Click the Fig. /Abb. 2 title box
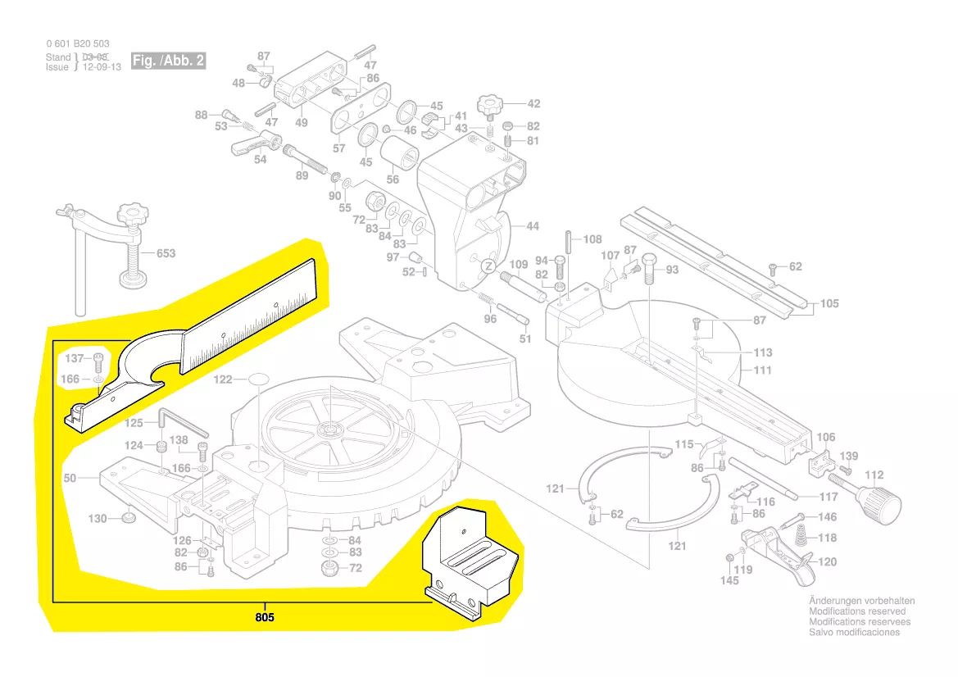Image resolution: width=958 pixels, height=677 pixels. tap(169, 61)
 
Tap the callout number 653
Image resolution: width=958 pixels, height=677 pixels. tap(166, 253)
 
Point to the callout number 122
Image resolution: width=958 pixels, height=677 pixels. tap(224, 379)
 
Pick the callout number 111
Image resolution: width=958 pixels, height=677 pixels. tap(763, 370)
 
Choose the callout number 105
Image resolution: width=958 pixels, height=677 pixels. tap(829, 303)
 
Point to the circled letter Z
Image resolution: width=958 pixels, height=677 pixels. tap(487, 266)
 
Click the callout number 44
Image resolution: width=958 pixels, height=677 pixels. tap(533, 226)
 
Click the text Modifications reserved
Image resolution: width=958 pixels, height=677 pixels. tap(857, 611)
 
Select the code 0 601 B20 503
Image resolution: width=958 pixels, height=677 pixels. tap(77, 43)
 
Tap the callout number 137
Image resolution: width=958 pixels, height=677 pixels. tap(75, 358)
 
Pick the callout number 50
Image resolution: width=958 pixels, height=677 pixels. tap(70, 478)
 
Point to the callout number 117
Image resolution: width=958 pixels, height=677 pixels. tap(829, 497)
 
